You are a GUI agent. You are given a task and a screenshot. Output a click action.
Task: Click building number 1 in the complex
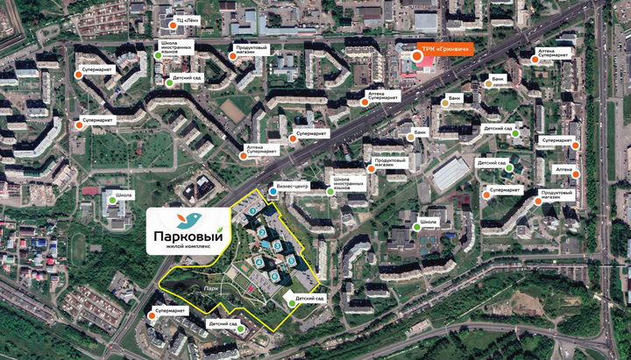253,210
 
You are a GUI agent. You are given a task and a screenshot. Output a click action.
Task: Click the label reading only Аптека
564,168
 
